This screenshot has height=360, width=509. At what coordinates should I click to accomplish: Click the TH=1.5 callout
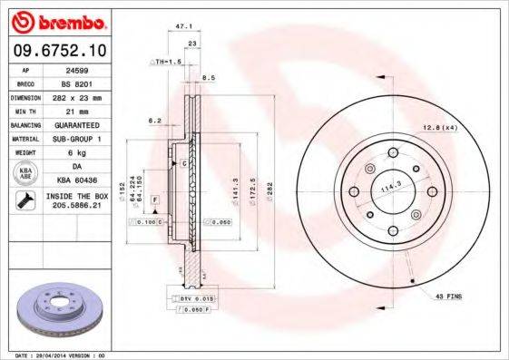166,61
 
